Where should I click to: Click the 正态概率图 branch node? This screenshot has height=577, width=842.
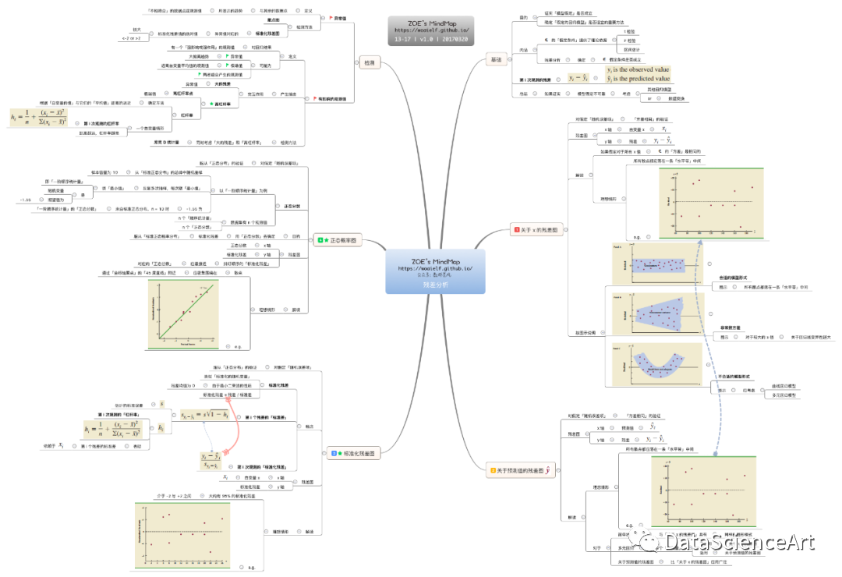(338, 241)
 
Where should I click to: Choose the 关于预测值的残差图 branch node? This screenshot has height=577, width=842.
(522, 470)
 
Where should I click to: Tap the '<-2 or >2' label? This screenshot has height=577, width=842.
(131, 37)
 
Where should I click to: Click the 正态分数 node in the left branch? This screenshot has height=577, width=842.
(239, 245)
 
